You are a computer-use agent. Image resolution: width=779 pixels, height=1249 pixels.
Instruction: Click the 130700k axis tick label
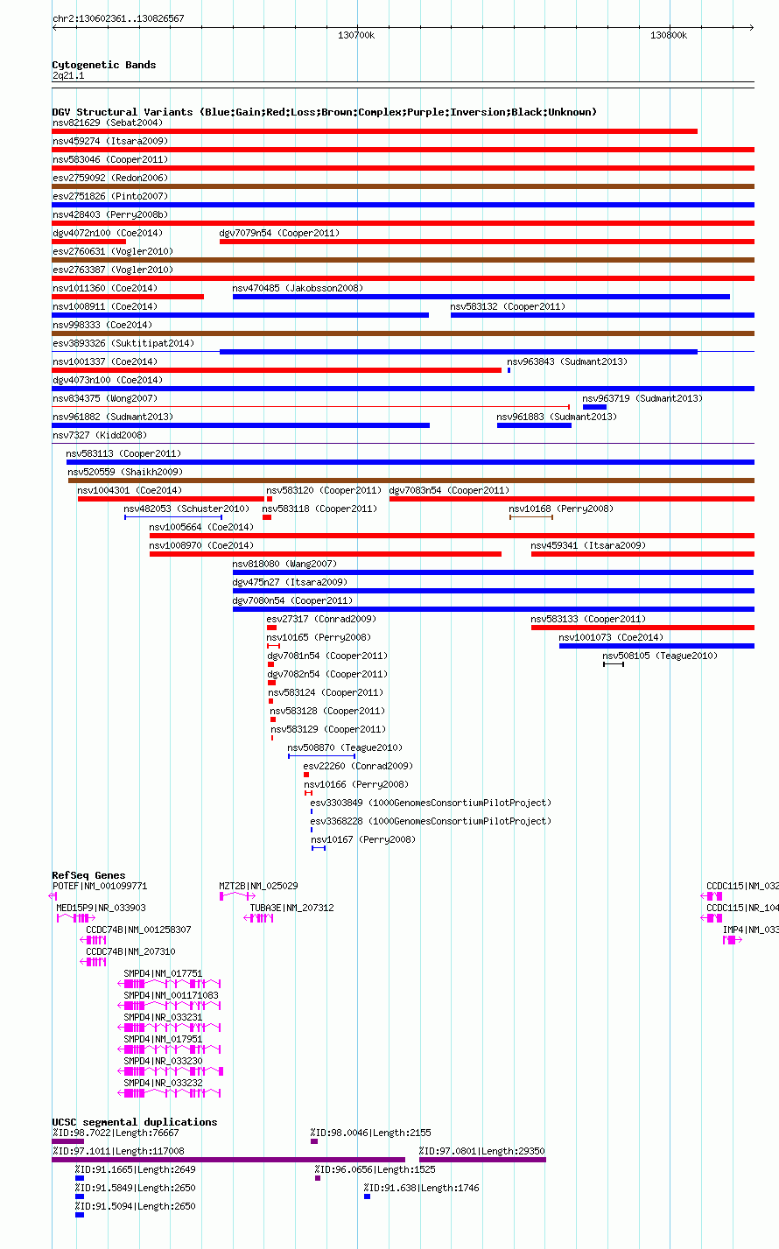point(355,35)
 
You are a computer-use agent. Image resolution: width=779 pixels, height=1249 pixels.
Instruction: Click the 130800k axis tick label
point(668,35)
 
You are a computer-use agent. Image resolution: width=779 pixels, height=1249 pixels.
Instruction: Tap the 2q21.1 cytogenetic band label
point(68,76)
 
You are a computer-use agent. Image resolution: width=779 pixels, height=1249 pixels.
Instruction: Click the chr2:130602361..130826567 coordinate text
point(118,18)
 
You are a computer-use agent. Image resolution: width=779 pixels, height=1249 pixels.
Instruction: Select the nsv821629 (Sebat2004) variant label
point(108,123)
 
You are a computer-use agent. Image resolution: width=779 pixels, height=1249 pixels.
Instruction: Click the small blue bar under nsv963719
point(594,407)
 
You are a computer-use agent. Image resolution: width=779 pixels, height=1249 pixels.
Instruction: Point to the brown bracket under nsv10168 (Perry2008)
point(530,517)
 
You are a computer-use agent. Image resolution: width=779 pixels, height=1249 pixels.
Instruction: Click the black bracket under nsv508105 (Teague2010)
point(614,664)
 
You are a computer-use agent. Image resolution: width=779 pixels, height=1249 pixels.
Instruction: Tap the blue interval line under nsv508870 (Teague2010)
point(322,756)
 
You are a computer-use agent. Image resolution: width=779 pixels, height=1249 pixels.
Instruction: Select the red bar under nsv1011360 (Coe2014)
point(128,297)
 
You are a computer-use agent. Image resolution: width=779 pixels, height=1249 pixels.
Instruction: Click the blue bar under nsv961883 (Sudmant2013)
point(534,425)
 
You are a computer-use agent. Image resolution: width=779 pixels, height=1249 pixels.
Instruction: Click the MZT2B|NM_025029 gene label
point(258,886)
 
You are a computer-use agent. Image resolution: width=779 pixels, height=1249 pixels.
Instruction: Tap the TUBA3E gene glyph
point(258,918)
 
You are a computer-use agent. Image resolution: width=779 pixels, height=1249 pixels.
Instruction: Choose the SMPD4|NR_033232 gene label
point(163,1083)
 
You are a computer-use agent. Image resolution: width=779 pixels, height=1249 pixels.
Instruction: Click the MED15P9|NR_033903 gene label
point(101,908)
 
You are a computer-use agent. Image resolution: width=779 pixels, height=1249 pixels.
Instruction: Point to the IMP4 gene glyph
point(732,940)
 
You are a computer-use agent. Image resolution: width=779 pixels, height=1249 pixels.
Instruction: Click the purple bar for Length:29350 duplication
point(482,1160)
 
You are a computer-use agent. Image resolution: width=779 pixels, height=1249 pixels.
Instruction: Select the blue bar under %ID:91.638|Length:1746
point(367,1196)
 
